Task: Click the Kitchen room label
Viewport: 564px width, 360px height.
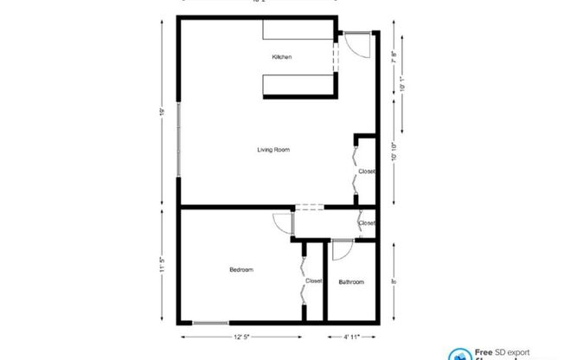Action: point(282,57)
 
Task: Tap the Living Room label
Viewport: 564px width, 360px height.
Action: point(272,150)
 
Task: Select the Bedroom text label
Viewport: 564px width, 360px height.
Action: point(241,270)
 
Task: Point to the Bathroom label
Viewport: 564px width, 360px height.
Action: point(351,282)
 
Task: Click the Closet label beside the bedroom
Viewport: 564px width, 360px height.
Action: point(313,281)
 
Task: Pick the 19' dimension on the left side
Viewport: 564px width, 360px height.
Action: point(162,112)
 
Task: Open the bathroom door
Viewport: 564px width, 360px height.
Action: point(340,249)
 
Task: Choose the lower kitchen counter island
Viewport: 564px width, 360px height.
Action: point(299,85)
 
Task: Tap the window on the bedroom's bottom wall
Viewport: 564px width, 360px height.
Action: point(210,323)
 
